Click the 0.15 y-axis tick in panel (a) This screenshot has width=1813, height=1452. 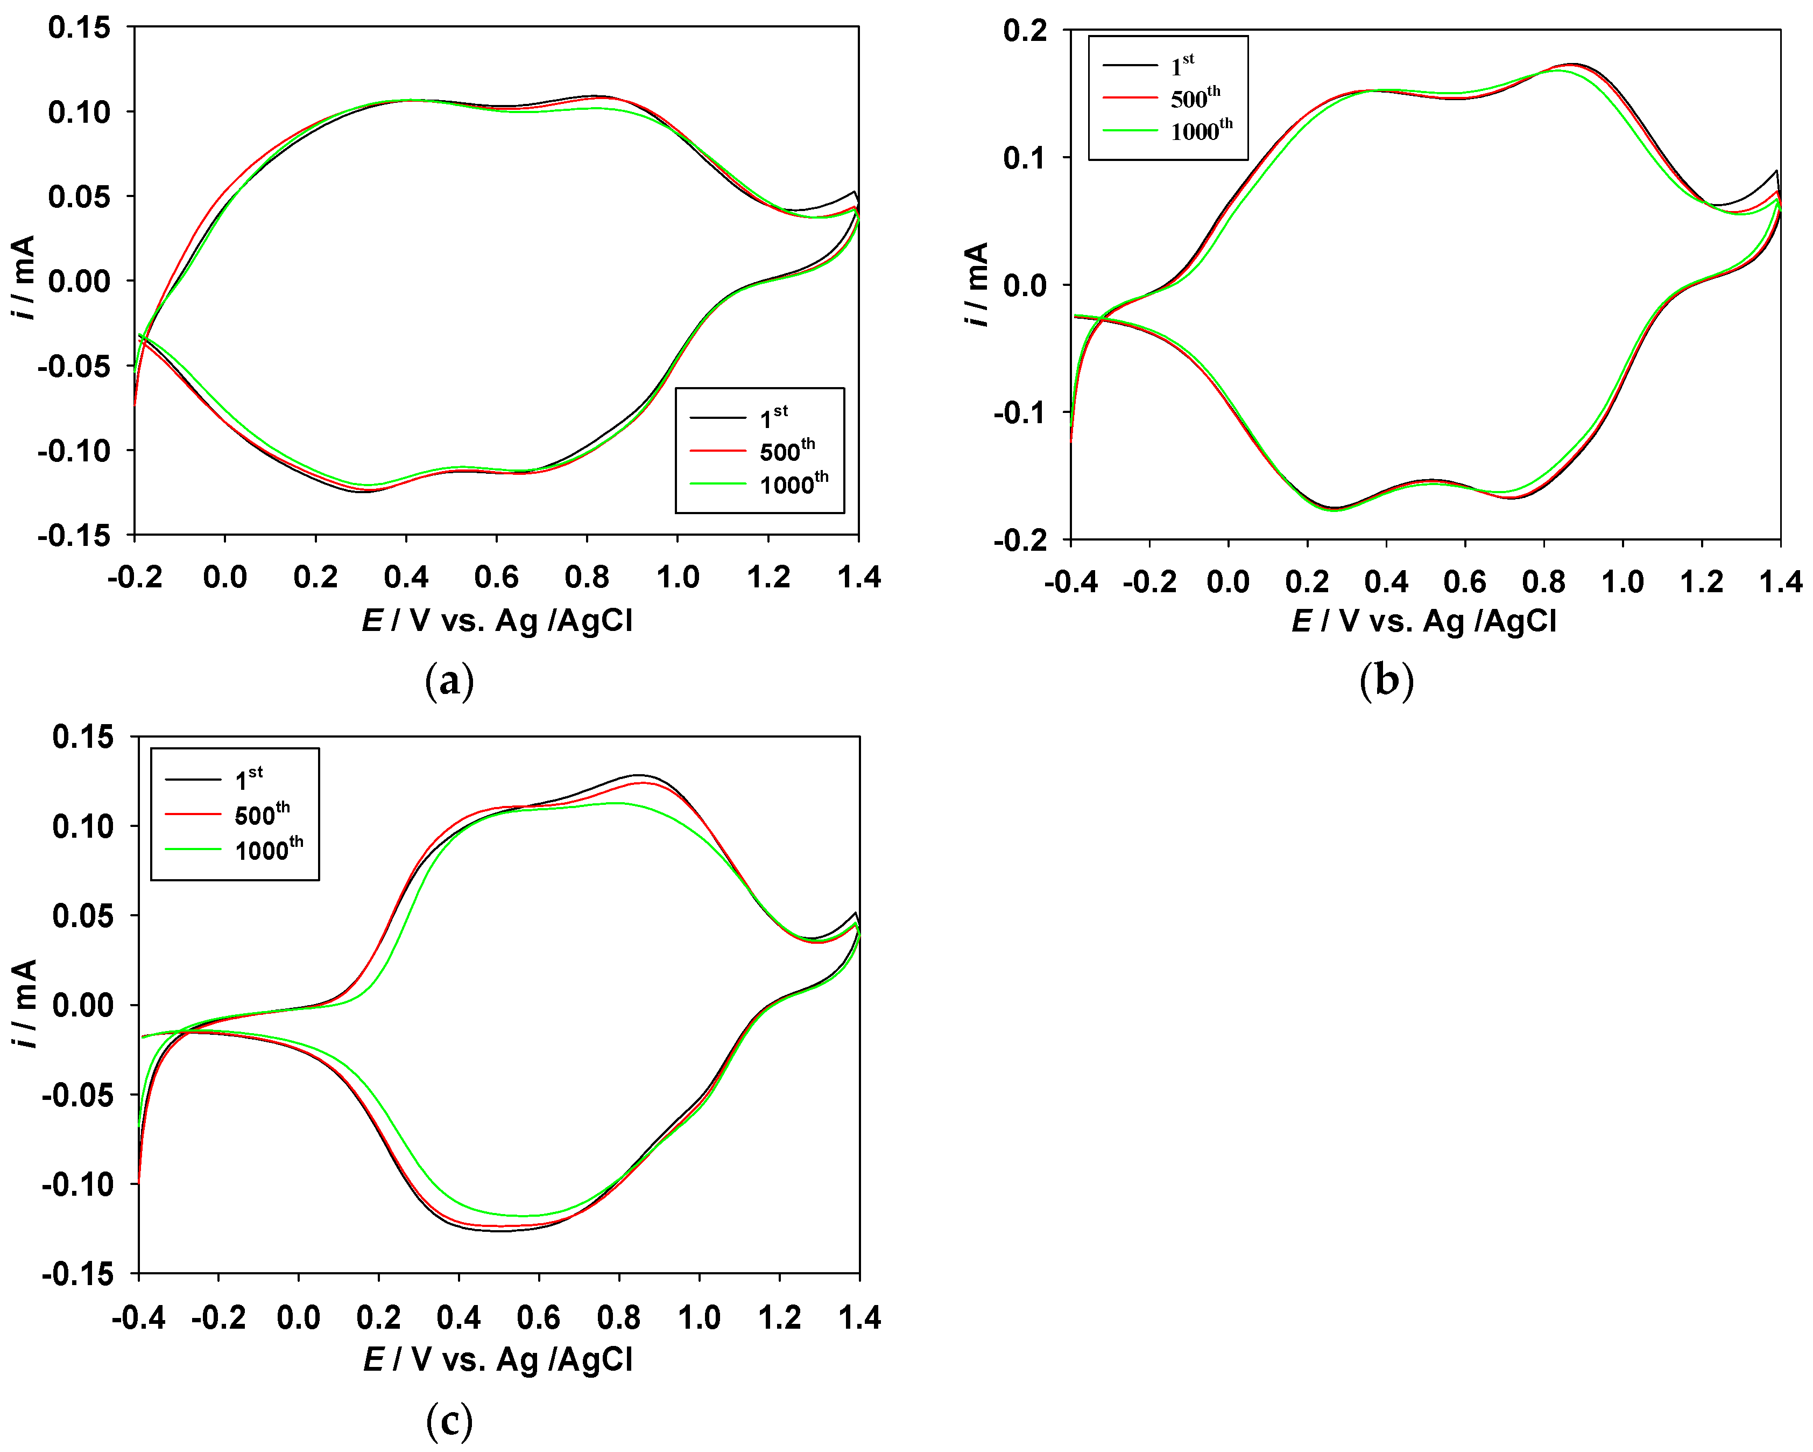pyautogui.click(x=79, y=28)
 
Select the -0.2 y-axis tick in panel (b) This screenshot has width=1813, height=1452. pyautogui.click(x=1020, y=540)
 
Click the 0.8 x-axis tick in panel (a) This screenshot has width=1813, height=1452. pyautogui.click(x=587, y=577)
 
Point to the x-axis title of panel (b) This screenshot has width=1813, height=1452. pyautogui.click(x=1424, y=621)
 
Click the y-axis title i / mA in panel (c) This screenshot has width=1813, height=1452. pyautogui.click(x=25, y=1005)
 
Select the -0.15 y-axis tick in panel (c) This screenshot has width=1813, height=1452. pyautogui.click(x=78, y=1274)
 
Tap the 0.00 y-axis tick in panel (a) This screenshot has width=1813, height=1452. pyautogui.click(x=79, y=281)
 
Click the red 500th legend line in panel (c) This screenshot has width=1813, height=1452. pyautogui.click(x=193, y=815)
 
